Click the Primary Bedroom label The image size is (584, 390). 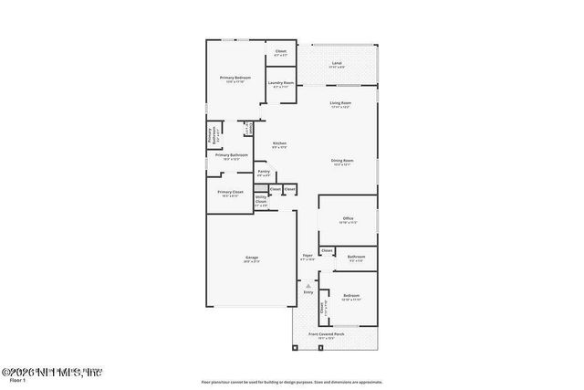pyautogui.click(x=235, y=79)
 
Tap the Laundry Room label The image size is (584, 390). pyautogui.click(x=281, y=83)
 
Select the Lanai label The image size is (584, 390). pyautogui.click(x=337, y=63)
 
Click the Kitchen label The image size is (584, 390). pyautogui.click(x=280, y=143)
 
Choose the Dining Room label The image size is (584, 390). pyautogui.click(x=341, y=161)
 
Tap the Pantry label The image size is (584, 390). pyautogui.click(x=263, y=172)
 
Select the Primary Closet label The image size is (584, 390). pyautogui.click(x=231, y=192)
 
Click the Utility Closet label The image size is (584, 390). pyautogui.click(x=261, y=200)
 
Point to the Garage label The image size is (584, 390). pyautogui.click(x=251, y=258)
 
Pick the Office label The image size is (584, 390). pyautogui.click(x=348, y=218)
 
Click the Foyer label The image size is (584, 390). pyautogui.click(x=308, y=256)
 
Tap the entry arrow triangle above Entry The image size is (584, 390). pyautogui.click(x=308, y=286)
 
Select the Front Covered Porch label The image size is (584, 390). pyautogui.click(x=326, y=334)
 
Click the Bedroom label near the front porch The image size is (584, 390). pyautogui.click(x=351, y=295)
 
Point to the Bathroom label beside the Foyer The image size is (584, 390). pyautogui.click(x=356, y=257)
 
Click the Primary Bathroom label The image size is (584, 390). pyautogui.click(x=227, y=155)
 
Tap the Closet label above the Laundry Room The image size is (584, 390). pyautogui.click(x=281, y=51)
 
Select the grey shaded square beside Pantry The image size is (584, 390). pyautogui.click(x=261, y=188)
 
